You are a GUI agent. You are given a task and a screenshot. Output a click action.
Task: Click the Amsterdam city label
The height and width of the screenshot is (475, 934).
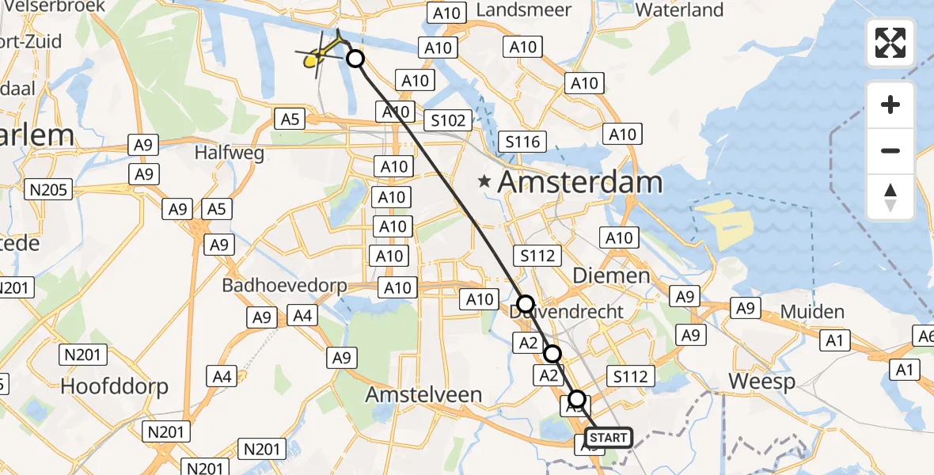[579, 182]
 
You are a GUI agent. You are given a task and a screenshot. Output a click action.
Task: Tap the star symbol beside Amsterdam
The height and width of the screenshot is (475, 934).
[484, 182]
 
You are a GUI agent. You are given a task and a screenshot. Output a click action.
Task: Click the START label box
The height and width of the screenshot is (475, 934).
[608, 438]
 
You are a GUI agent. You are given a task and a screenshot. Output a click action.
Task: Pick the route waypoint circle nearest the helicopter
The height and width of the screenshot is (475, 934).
[355, 59]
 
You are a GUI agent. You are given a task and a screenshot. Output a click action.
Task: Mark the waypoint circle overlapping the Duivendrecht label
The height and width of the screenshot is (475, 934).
[526, 303]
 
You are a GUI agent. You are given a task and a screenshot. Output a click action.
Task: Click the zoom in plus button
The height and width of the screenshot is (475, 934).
[890, 104]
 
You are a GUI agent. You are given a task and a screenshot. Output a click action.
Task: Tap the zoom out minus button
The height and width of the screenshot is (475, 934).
[890, 150]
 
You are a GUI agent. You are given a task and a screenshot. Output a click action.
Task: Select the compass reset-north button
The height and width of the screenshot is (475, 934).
[890, 196]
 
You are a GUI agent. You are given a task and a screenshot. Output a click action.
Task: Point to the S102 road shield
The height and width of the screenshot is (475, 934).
[448, 121]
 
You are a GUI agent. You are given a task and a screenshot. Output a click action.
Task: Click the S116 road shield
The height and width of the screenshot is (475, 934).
[522, 142]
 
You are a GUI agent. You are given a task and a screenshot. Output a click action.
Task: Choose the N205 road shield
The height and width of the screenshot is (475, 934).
[49, 189]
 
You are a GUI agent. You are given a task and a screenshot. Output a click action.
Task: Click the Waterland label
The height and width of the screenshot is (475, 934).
[679, 10]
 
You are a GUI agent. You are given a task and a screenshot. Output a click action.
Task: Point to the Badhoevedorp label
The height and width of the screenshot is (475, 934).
[284, 285]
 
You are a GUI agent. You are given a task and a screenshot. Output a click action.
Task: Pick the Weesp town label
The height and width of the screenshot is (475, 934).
[761, 381]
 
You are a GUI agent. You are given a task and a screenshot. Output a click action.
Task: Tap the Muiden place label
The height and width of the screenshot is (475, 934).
[812, 312]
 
